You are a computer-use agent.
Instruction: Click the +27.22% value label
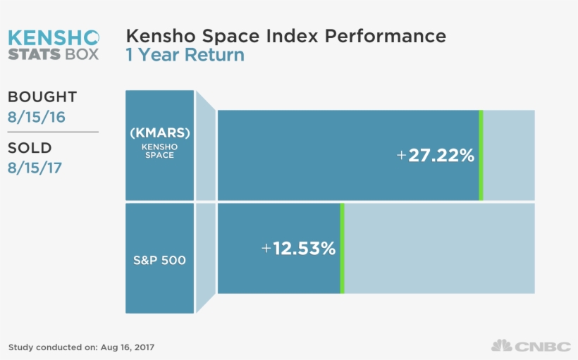click(x=436, y=156)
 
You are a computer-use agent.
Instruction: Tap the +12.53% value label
click(x=298, y=249)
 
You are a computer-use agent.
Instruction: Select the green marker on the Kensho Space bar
click(x=481, y=155)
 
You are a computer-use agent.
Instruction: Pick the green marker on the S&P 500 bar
click(x=342, y=249)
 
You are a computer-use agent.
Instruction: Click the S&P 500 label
click(x=159, y=260)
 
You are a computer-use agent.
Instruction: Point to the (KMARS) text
click(x=159, y=132)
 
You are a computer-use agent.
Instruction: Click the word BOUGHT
click(x=42, y=97)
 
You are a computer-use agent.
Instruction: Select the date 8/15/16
click(x=36, y=117)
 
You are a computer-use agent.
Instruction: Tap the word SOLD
click(x=30, y=148)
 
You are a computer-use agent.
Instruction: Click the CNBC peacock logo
click(x=501, y=346)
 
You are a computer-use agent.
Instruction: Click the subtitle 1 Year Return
click(x=185, y=55)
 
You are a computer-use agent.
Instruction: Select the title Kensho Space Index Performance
click(x=285, y=36)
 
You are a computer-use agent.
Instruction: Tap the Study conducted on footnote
click(x=81, y=347)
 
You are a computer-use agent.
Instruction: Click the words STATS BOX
click(x=54, y=54)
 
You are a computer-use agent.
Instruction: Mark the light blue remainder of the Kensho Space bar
click(x=508, y=155)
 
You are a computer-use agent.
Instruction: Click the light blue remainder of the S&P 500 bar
click(x=438, y=249)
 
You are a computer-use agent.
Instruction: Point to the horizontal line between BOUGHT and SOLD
click(x=53, y=132)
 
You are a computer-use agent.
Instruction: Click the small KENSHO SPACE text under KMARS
click(x=159, y=151)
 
